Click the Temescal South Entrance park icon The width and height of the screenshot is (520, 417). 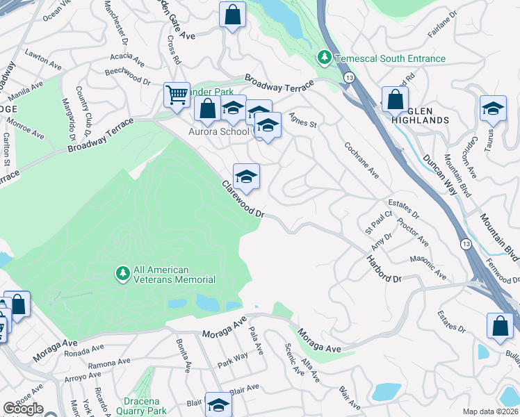[323, 56]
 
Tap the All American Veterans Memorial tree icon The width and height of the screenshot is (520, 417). [122, 274]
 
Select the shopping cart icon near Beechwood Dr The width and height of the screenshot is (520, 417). [177, 94]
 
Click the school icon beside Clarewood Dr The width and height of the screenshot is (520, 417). [246, 177]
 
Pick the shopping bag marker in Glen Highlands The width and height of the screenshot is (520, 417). [396, 99]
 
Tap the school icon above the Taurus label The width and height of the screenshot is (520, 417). [493, 108]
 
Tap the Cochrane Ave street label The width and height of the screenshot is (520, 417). [361, 161]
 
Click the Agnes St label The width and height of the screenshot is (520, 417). [302, 120]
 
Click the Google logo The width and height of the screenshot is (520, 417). [23, 408]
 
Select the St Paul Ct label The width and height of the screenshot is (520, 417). [380, 223]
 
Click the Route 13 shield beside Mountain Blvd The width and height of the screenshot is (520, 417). [463, 244]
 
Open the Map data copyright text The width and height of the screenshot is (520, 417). [491, 411]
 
